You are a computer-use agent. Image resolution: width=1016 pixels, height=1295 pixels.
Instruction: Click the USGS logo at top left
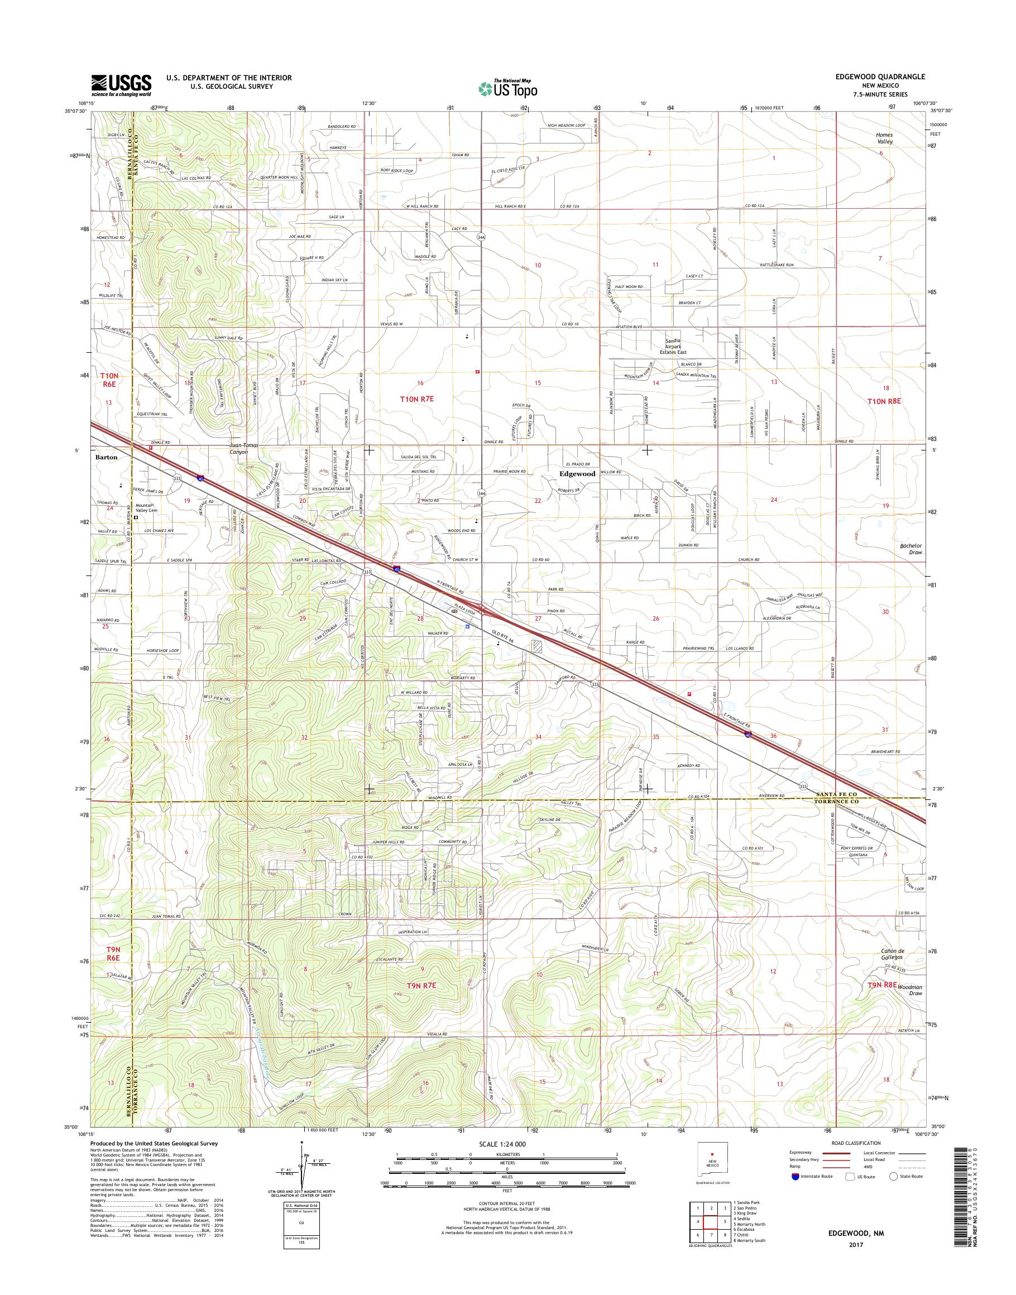coord(121,85)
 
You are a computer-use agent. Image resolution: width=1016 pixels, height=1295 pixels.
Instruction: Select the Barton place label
coord(106,458)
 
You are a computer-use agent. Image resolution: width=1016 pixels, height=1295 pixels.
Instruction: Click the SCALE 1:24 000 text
coord(507,1144)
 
